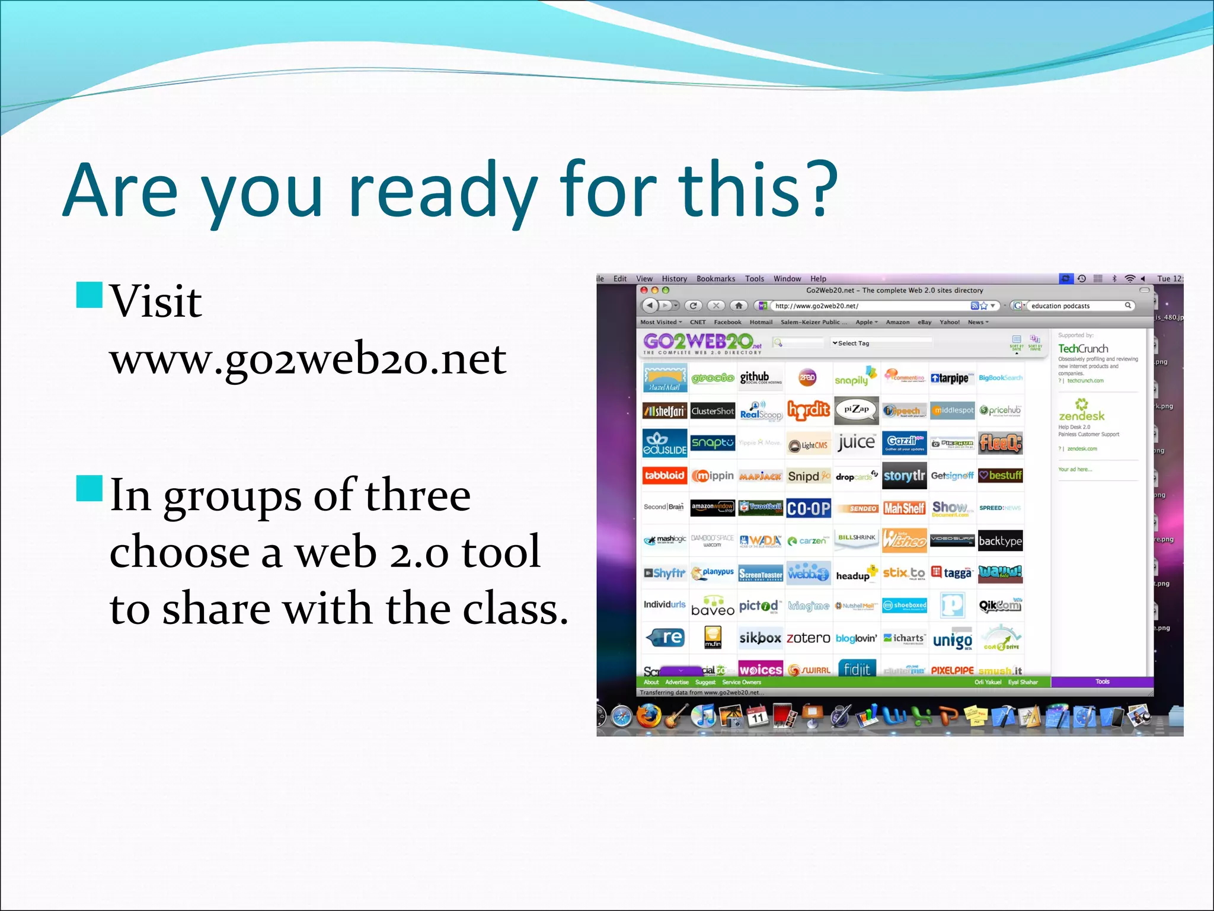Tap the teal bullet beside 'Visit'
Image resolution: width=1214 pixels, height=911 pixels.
click(x=90, y=295)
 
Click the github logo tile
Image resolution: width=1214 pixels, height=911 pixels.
click(x=761, y=378)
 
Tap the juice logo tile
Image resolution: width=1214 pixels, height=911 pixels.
click(x=856, y=442)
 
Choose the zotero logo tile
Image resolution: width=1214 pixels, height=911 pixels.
click(x=808, y=638)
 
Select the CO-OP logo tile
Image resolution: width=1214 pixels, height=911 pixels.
click(x=809, y=509)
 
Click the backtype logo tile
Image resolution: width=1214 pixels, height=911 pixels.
click(x=1000, y=541)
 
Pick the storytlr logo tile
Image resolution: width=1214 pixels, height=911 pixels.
click(x=904, y=476)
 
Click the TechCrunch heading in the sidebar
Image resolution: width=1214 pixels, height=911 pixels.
click(x=1083, y=349)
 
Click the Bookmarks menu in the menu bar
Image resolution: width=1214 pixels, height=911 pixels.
click(x=715, y=279)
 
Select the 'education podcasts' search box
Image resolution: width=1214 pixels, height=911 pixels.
click(x=1076, y=306)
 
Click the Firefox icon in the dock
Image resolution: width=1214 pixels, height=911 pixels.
click(x=648, y=716)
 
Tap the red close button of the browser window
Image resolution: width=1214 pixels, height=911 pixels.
click(x=644, y=290)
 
